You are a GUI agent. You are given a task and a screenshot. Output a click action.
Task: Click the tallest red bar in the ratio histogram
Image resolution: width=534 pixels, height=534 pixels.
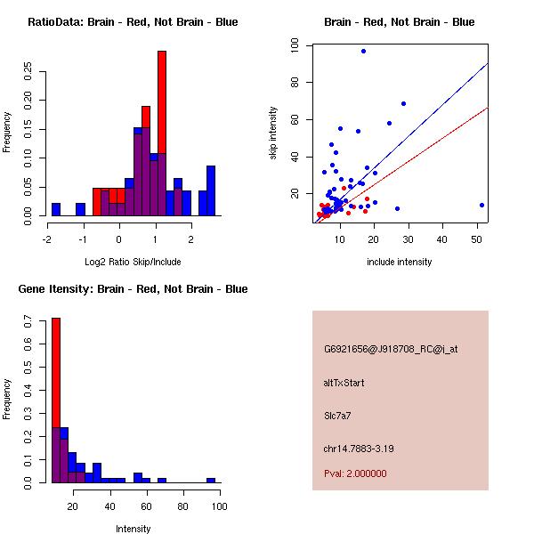pyautogui.click(x=162, y=133)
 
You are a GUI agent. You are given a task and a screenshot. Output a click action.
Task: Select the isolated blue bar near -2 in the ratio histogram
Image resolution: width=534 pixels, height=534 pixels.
pyautogui.click(x=56, y=210)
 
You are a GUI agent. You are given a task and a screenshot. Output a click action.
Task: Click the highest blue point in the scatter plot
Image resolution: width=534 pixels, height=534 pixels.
pyautogui.click(x=363, y=51)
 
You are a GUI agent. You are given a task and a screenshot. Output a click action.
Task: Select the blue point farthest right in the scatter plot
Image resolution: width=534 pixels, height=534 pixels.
pyautogui.click(x=481, y=205)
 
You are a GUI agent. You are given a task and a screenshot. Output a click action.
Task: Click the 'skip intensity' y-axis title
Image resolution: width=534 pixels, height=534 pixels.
pyautogui.click(x=274, y=133)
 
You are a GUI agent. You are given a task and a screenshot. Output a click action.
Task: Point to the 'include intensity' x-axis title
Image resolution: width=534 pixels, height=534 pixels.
pyautogui.click(x=400, y=263)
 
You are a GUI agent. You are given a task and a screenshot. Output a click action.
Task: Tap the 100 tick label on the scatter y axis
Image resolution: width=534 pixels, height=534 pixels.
pyautogui.click(x=295, y=45)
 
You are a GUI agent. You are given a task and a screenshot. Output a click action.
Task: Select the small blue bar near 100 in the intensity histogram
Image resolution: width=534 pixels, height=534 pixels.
pyautogui.click(x=211, y=481)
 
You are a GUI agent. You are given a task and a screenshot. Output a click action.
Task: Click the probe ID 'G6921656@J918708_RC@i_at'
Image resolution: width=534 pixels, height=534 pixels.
pyautogui.click(x=377, y=350)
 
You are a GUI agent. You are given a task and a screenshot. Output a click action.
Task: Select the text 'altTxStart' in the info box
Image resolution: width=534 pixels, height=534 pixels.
pyautogui.click(x=344, y=383)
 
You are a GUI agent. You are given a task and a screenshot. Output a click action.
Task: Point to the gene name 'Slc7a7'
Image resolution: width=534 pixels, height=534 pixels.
pyautogui.click(x=338, y=415)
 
